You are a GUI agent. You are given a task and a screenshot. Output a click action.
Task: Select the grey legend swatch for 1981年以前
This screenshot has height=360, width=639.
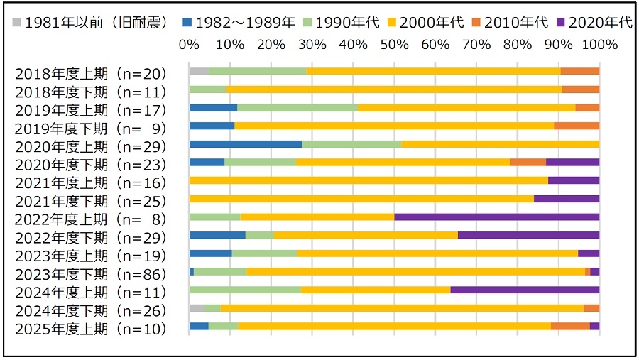(x=16, y=22)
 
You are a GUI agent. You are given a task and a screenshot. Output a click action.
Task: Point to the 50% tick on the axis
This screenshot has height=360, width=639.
(x=394, y=44)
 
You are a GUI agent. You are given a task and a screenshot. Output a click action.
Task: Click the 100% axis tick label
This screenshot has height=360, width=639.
(x=599, y=44)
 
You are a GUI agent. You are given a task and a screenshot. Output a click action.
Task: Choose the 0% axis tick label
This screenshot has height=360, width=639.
(x=189, y=44)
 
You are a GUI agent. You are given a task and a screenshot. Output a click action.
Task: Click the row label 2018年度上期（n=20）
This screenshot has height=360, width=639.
(x=90, y=74)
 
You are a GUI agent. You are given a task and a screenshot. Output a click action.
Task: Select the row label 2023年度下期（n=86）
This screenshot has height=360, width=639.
(x=90, y=274)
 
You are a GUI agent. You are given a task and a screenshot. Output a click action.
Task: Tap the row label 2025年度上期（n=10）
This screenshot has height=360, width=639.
(x=90, y=329)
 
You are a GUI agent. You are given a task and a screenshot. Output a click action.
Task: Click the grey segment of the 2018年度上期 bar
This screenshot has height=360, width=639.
(x=199, y=71)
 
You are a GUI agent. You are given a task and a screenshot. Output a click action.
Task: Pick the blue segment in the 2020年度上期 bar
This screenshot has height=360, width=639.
(x=246, y=144)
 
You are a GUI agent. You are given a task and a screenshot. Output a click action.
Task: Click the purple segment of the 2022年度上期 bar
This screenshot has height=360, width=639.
(x=496, y=217)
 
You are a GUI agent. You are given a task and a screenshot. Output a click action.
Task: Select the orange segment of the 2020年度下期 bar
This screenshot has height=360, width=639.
(x=528, y=162)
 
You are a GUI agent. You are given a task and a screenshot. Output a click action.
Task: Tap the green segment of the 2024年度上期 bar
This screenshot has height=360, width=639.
(x=245, y=290)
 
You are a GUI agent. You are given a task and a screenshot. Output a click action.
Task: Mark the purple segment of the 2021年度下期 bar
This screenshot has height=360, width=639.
(x=566, y=199)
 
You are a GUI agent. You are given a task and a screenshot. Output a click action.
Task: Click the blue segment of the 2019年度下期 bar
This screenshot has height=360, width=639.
(x=212, y=126)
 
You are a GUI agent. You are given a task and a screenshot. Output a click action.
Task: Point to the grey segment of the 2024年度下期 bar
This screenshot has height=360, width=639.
(x=197, y=307)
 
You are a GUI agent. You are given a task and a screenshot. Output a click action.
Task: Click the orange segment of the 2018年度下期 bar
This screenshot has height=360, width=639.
(x=580, y=89)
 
